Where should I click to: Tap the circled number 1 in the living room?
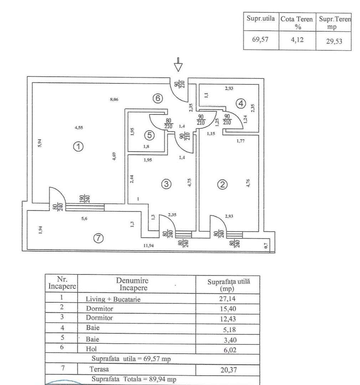(78, 146)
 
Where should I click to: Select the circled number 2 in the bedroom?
(222, 184)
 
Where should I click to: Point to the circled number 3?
(166, 184)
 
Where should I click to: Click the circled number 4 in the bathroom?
(241, 103)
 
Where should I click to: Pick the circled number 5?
(149, 135)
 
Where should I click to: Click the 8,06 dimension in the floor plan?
(114, 99)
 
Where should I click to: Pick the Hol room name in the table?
(91, 349)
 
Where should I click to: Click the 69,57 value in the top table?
(261, 39)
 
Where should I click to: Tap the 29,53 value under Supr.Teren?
(333, 41)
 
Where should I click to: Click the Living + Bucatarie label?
(113, 299)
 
